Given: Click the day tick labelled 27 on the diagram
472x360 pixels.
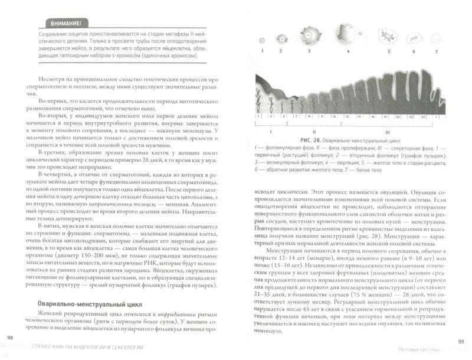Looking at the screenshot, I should [x=423, y=116].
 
